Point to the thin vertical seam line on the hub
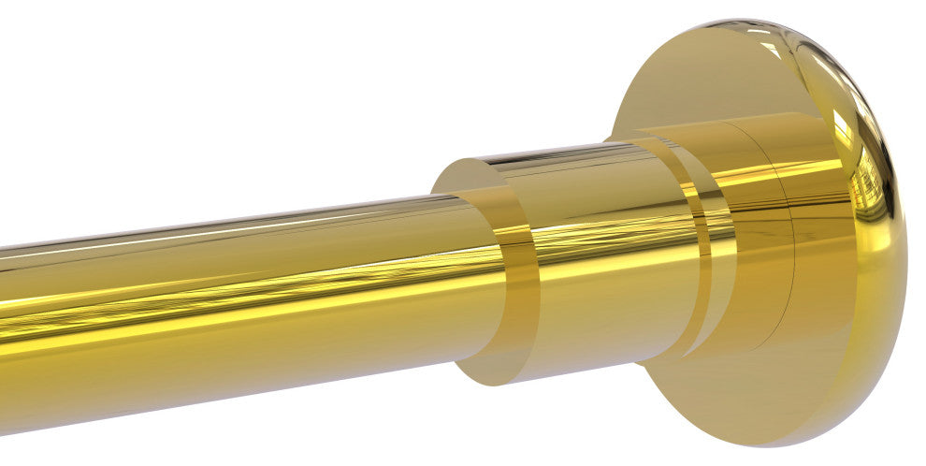click(791, 234)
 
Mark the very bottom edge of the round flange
click(776, 445)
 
